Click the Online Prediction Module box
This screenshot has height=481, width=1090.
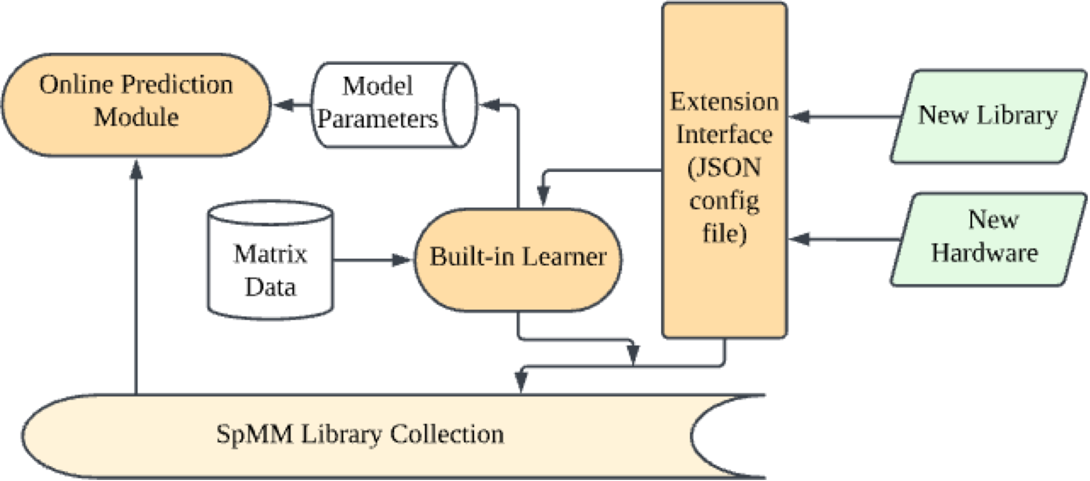[x=136, y=105]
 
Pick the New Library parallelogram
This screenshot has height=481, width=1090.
[x=987, y=116]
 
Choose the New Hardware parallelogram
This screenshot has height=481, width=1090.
[x=987, y=238]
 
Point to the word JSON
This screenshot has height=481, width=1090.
[x=724, y=168]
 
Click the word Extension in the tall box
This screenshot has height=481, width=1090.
[x=724, y=102]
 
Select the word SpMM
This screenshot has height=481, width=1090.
[x=254, y=434]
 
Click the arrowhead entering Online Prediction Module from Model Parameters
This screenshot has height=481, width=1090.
[x=283, y=104]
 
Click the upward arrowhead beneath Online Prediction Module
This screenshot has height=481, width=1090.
[x=136, y=170]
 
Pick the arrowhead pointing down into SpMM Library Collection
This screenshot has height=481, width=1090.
[x=521, y=383]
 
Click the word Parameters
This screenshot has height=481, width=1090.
[x=377, y=119]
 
